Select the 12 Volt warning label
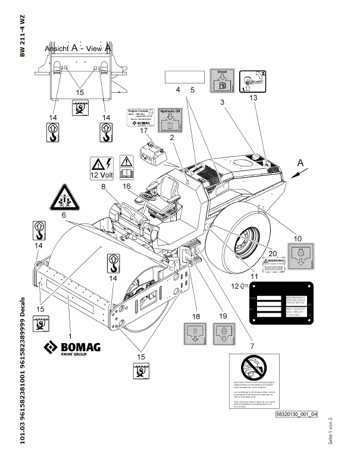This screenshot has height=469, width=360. tap(102, 167)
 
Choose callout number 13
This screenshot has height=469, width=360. tap(253, 96)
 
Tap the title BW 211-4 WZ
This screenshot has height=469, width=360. tap(22, 36)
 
